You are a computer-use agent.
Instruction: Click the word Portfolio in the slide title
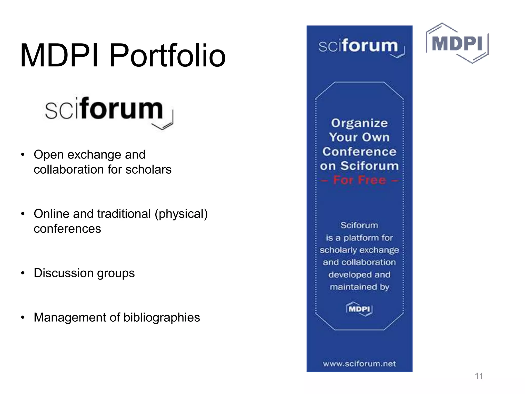[x=167, y=56]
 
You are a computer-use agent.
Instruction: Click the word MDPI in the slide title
[x=59, y=56]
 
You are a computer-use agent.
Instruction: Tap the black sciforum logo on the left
[x=109, y=112]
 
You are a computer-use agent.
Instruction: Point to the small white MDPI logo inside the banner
[x=359, y=309]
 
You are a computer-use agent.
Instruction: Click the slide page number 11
[x=479, y=376]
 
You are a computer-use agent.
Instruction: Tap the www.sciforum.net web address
[x=359, y=363]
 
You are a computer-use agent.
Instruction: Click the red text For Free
[x=360, y=180]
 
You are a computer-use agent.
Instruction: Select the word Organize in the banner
[x=359, y=123]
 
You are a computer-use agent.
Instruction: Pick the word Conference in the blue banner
[x=359, y=152]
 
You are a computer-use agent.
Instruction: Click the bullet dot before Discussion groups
[x=23, y=273]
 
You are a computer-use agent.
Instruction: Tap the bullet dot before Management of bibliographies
[x=23, y=318]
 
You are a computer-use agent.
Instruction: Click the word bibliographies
[x=161, y=318]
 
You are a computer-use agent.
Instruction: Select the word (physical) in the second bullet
[x=181, y=214]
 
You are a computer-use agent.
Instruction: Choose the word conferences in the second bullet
[x=67, y=229]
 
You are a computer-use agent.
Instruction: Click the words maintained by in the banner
[x=359, y=287]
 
